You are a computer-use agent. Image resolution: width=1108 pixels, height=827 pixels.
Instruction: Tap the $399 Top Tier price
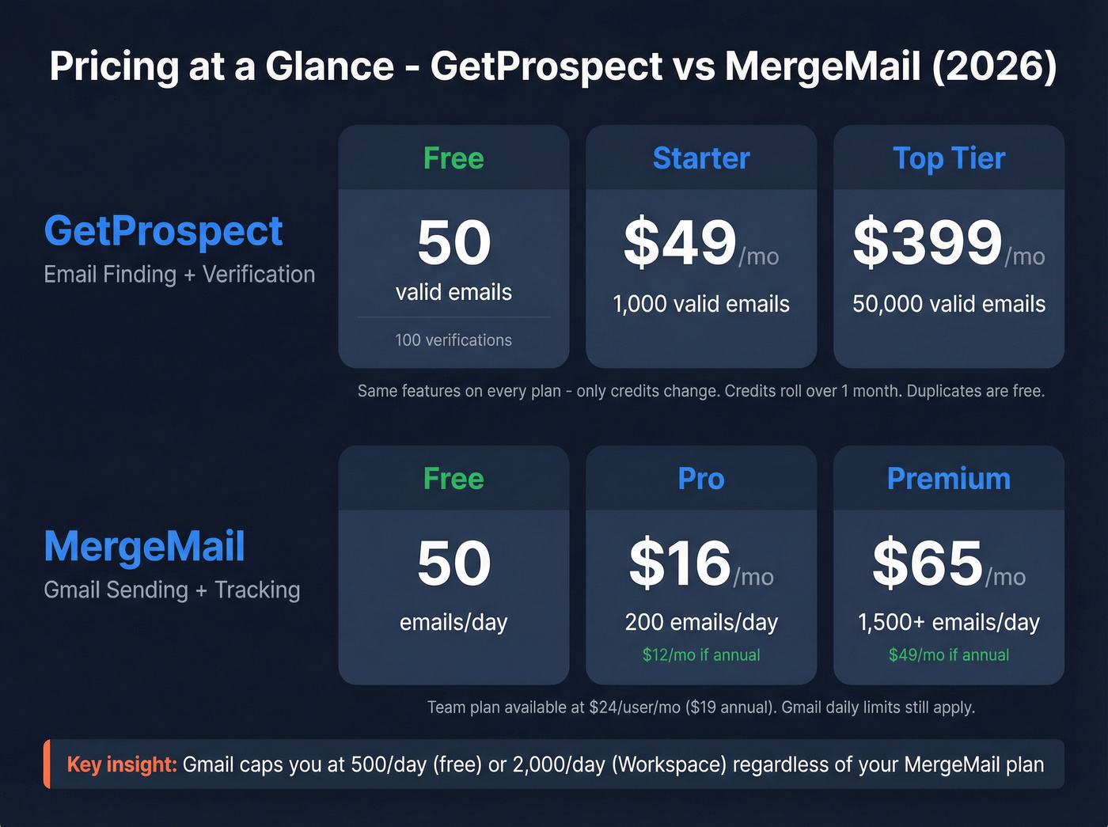(x=928, y=243)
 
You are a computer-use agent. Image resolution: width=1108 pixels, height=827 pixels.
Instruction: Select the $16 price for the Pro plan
(x=680, y=563)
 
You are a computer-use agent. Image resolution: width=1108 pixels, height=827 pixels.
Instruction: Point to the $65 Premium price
(x=928, y=563)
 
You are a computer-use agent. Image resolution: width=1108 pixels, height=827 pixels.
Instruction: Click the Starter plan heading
(x=701, y=158)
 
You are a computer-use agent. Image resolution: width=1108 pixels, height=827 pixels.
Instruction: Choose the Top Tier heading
(x=949, y=158)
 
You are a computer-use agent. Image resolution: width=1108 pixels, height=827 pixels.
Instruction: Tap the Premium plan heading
(x=949, y=479)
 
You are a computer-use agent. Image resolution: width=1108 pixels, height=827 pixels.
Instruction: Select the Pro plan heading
(x=701, y=479)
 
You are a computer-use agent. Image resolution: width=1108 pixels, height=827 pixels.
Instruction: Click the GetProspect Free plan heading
(x=453, y=158)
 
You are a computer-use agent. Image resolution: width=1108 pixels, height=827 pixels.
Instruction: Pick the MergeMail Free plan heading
(x=453, y=479)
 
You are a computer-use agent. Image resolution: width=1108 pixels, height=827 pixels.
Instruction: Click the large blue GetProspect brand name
(x=163, y=231)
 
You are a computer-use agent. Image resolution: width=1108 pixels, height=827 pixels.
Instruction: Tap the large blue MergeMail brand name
(x=144, y=547)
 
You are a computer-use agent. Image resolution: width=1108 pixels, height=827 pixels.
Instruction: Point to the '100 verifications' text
(x=453, y=340)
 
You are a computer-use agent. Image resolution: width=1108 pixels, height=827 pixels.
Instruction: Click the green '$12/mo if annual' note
(x=701, y=655)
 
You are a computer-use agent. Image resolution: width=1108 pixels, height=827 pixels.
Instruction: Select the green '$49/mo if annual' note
(x=949, y=655)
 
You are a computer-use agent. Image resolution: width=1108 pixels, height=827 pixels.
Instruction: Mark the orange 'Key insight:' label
(x=122, y=764)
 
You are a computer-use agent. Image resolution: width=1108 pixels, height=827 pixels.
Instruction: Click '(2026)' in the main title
(x=994, y=66)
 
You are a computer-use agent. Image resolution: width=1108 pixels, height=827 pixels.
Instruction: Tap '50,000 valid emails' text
(x=949, y=304)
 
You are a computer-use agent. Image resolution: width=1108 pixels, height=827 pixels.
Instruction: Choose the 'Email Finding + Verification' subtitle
(x=180, y=275)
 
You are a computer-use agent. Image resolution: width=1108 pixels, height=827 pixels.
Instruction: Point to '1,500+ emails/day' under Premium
(x=949, y=623)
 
